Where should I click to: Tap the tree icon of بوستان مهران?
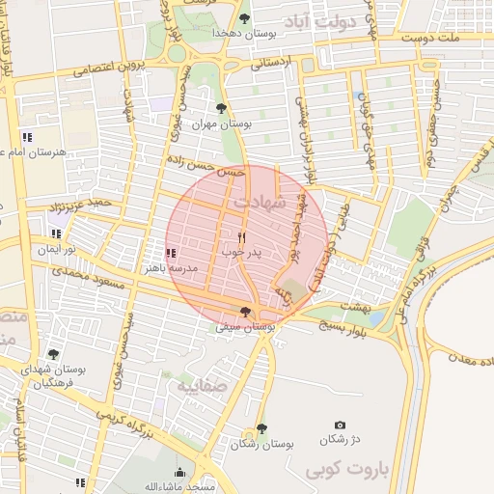[221, 108]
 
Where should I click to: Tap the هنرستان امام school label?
[33, 152]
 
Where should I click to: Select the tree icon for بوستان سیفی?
[246, 312]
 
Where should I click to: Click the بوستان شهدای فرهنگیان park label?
[54, 376]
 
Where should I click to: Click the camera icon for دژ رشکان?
[340, 425]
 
